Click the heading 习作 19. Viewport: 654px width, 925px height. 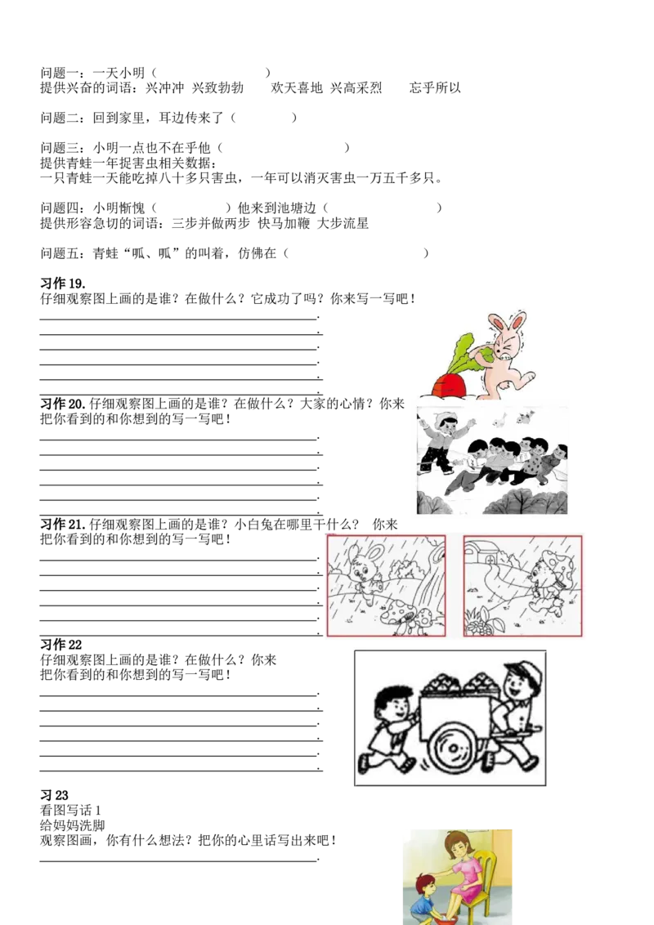[x=63, y=284]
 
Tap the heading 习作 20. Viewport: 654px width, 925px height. [x=63, y=404]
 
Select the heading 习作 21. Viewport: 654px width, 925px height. [x=63, y=525]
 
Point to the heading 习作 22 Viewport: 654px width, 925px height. [x=60, y=644]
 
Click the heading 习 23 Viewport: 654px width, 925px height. [x=54, y=795]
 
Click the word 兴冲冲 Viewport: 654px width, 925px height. [x=164, y=88]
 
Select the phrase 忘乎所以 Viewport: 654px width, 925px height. [x=435, y=88]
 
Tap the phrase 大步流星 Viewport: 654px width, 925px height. [x=343, y=224]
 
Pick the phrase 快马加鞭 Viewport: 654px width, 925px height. [x=284, y=224]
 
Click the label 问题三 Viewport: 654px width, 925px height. [x=59, y=147]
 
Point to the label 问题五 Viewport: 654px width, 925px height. [x=59, y=253]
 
